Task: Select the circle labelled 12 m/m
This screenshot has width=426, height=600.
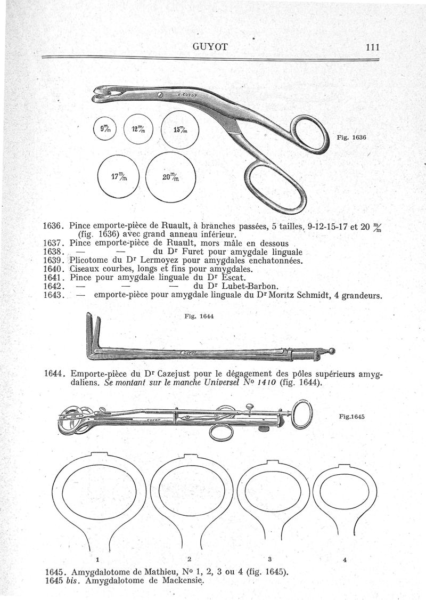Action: pos(138,129)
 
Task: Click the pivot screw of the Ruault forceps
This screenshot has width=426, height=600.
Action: pos(159,95)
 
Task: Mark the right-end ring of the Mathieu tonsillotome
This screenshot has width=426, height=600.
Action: pos(301,412)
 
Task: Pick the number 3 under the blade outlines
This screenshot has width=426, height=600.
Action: pos(270,559)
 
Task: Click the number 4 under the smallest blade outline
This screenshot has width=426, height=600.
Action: pos(346,560)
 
